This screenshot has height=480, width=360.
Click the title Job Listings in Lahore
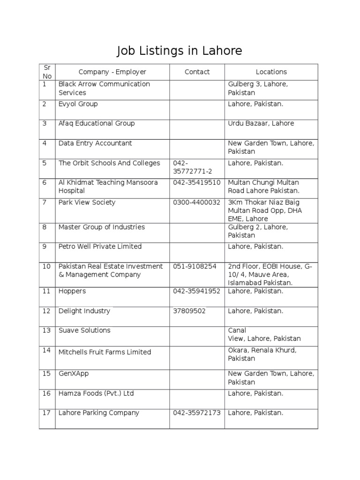pos(180,51)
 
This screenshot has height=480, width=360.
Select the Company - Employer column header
pos(112,72)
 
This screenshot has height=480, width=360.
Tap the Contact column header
pos(197,72)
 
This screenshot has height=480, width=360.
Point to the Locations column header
pos(271,72)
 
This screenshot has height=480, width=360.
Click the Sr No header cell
pos(47,72)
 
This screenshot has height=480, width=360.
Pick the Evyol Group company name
pos(78,104)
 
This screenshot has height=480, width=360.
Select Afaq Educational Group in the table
pos(96,123)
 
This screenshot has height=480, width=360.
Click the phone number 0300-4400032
pos(196,202)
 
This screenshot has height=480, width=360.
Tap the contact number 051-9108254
pos(195,266)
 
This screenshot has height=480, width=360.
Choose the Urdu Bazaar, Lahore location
pos(261,123)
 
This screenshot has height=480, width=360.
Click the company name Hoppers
pos(72,291)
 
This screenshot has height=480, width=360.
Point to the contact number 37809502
pos(189,311)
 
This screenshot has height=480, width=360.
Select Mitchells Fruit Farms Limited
pos(105,352)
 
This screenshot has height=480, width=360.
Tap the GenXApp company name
pos(74,374)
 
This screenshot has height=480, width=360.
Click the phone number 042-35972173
pos(196,413)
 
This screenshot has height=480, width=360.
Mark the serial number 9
pos(45,246)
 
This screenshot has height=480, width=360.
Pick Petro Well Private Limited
pos(100,246)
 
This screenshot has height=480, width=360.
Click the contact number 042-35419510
pos(196,182)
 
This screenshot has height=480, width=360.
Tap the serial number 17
pos(46,413)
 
